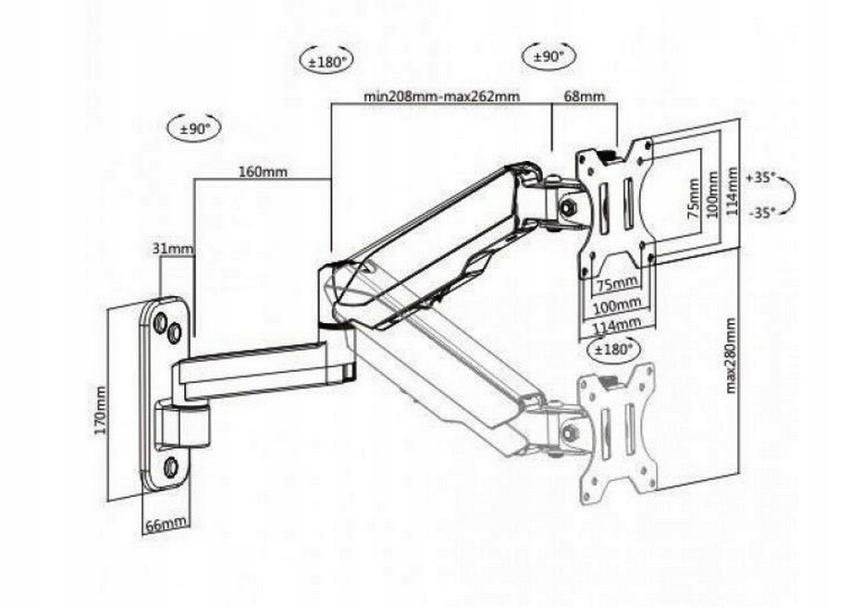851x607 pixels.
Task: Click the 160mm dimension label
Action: pos(263,171)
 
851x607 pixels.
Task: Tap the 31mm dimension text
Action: pos(173,248)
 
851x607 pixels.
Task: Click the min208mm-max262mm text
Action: pos(441,96)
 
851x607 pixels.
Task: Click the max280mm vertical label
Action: pos(731,355)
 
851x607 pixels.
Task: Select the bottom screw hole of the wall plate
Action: pos(170,466)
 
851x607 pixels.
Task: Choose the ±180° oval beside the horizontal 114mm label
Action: pos(611,350)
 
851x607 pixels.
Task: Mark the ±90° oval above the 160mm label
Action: pos(194,128)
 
